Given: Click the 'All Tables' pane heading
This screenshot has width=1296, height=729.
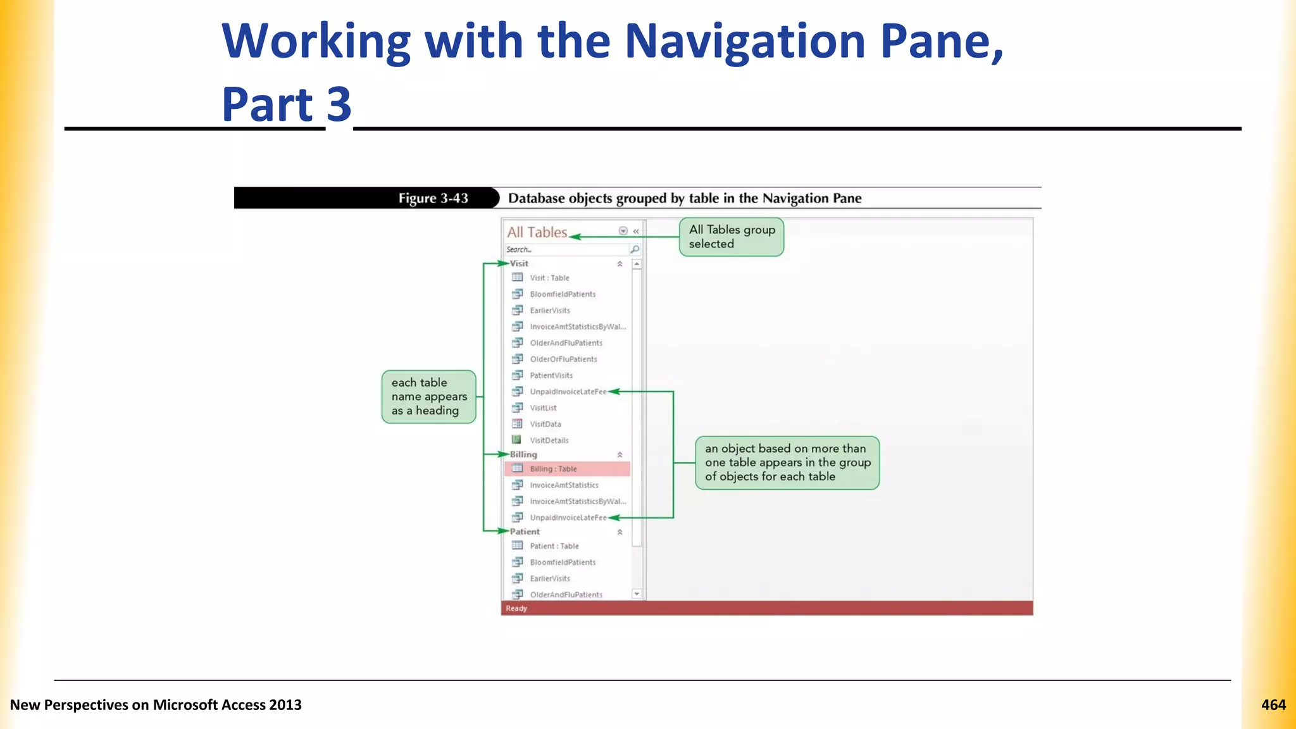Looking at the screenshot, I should (537, 232).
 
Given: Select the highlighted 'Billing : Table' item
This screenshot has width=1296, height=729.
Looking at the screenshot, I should (553, 469).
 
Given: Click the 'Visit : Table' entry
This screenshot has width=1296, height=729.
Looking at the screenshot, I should (549, 278).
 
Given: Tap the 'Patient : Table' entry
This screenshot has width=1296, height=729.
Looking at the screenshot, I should (554, 546).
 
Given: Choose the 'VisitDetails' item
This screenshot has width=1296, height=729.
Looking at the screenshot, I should (549, 440).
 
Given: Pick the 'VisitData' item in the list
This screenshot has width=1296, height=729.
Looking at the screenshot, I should (545, 424).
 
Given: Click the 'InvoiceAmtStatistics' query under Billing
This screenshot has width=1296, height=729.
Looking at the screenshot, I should (563, 485).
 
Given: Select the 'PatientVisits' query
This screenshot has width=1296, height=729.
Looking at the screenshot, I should (551, 375).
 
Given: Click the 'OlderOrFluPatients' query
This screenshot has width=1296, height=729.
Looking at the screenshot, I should (563, 359).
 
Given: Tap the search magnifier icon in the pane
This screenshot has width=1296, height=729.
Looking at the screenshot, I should (635, 249).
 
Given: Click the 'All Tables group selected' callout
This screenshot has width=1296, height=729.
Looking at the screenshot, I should (732, 237).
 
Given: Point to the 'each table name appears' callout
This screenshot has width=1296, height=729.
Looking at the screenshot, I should (428, 397).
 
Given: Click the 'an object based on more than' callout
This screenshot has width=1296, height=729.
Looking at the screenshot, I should (787, 463).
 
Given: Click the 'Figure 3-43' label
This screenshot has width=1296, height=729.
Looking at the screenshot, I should (433, 198).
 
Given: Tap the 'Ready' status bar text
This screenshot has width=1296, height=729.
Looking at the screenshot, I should (516, 608).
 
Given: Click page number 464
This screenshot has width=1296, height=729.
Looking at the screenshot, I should (1273, 705).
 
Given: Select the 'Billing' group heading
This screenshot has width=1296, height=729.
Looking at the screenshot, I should (523, 454).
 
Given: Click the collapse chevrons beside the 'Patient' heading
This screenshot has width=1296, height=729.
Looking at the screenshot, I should (620, 532).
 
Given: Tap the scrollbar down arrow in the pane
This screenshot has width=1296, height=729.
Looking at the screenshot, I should (637, 594).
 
